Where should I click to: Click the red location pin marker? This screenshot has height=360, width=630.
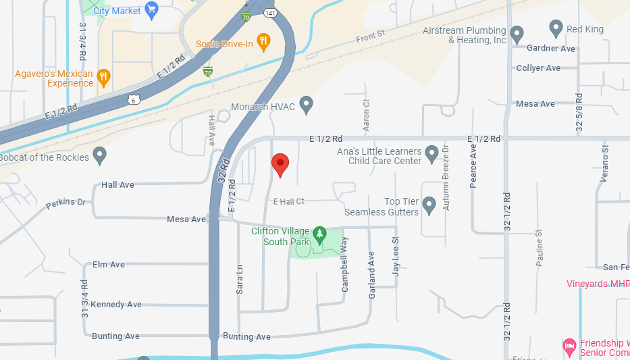coord(280,164)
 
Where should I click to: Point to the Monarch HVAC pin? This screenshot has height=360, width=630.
coord(306,105)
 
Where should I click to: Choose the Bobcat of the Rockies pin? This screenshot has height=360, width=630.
coord(100,155)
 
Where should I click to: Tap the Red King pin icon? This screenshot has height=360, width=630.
coord(556,28)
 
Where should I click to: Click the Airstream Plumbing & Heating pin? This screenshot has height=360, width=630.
coord(517,33)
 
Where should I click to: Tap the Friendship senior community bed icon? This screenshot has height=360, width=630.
coord(569,346)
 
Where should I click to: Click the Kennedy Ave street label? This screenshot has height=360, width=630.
coord(116,304)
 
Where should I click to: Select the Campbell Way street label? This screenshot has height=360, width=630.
coord(344,263)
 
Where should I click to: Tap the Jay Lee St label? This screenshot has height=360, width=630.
coord(396,256)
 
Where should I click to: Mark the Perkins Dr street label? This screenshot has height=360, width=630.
coord(67,203)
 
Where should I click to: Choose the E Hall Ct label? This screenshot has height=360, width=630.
coord(289,201)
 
